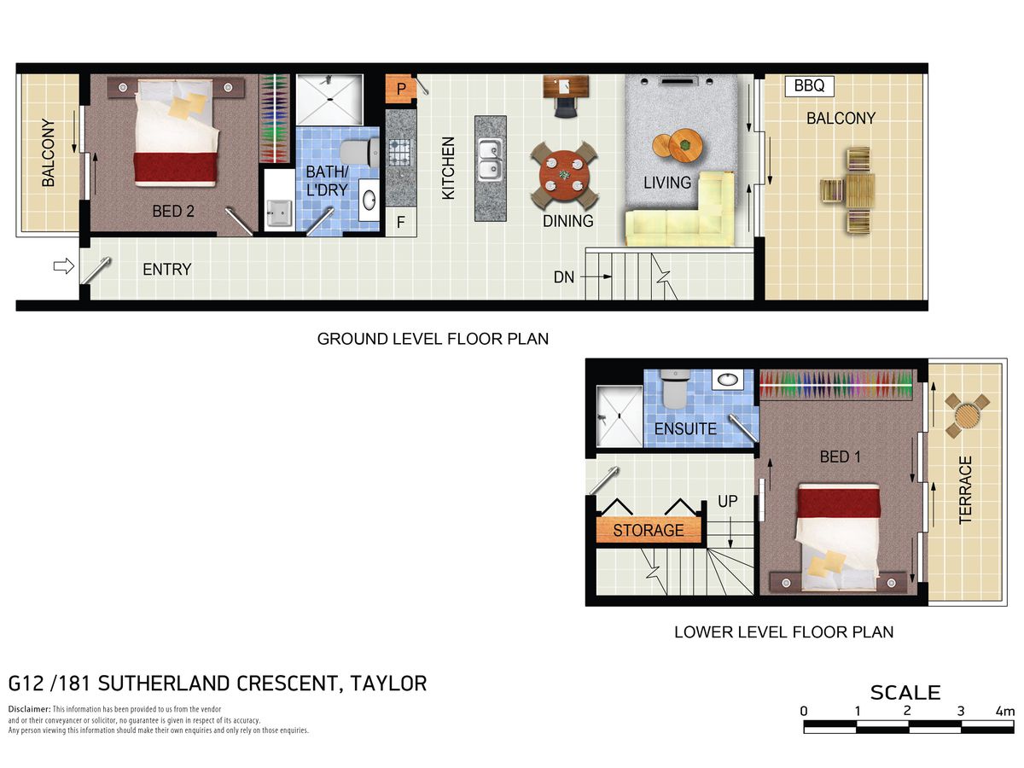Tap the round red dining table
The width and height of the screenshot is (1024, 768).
click(x=564, y=175)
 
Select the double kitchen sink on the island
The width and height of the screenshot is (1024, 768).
click(x=490, y=160)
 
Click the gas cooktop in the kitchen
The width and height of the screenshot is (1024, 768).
click(x=400, y=153)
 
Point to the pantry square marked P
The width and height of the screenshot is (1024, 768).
click(x=401, y=89)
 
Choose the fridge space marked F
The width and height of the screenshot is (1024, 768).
click(x=401, y=222)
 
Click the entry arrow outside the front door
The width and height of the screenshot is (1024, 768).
click(x=64, y=266)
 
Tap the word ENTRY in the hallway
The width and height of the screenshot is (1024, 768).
click(x=166, y=270)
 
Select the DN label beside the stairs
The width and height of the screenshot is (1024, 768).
click(x=563, y=277)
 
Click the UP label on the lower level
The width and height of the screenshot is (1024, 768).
click(x=727, y=501)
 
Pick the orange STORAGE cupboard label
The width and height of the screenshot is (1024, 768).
click(x=649, y=530)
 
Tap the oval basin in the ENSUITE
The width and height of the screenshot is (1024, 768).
click(x=727, y=380)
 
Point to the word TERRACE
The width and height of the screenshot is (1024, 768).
click(x=965, y=490)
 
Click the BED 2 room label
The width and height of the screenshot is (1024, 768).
click(x=173, y=212)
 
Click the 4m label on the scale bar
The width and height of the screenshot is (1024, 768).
click(x=1005, y=711)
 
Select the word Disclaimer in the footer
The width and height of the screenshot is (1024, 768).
click(x=29, y=709)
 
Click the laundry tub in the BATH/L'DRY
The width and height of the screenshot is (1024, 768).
click(x=279, y=214)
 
